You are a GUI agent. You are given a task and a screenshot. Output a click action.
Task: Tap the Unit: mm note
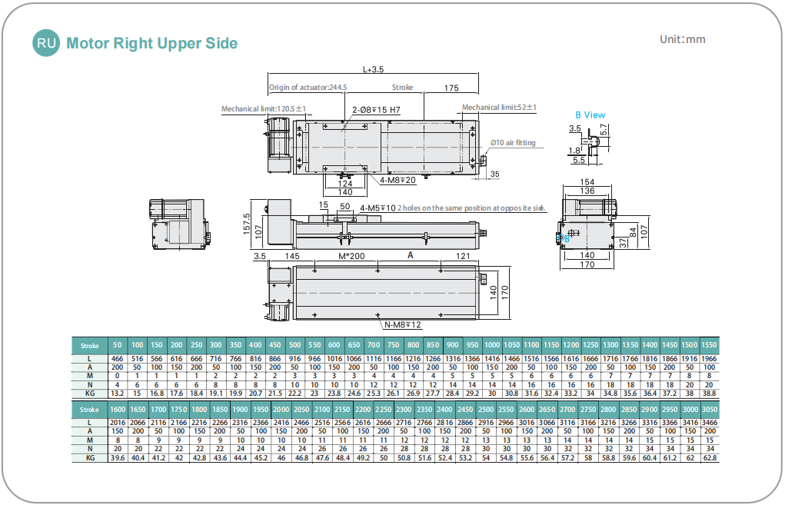pos(682,40)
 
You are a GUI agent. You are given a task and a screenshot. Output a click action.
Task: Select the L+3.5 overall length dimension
pos(373,70)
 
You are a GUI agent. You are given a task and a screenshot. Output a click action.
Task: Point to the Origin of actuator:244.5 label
pos(308,88)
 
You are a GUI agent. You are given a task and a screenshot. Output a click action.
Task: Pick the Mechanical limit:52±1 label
pos(499,108)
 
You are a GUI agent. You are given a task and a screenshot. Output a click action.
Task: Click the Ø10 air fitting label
pos(513,143)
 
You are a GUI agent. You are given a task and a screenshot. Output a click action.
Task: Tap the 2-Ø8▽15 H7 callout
pos(376,111)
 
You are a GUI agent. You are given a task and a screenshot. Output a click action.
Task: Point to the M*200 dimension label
pos(351,254)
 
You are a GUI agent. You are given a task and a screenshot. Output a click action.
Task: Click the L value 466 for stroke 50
pos(118,359)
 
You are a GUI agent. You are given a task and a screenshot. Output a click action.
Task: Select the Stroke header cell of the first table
pos(90,346)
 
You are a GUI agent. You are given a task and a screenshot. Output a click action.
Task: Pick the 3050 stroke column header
pos(710,409)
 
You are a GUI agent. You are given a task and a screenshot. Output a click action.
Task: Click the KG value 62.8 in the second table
pos(710,457)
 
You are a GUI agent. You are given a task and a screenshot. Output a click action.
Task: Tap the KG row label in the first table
pos(90,394)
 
